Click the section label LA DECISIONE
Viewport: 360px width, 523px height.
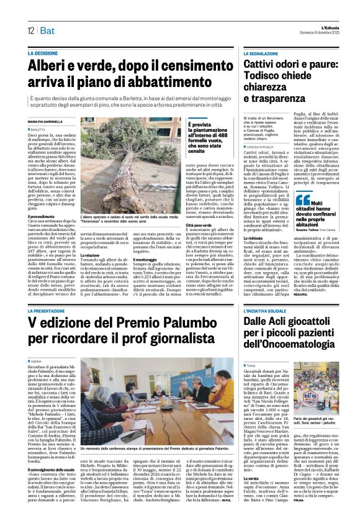47,55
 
